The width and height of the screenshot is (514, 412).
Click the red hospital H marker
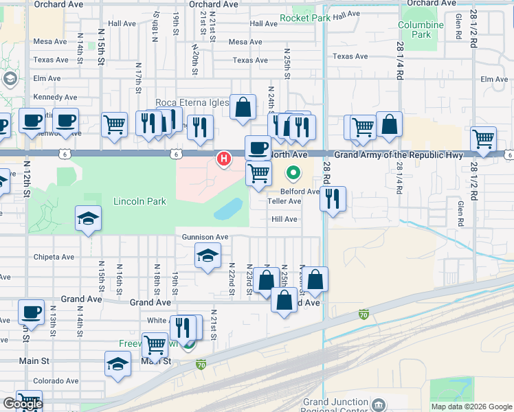[x=223, y=159]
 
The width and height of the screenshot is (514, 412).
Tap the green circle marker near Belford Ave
[x=293, y=173]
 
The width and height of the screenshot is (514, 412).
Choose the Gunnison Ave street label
[x=205, y=237]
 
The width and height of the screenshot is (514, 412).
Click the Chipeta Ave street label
[x=54, y=257]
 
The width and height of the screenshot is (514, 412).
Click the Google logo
[x=23, y=404]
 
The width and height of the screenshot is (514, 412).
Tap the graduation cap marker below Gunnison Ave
[x=208, y=256]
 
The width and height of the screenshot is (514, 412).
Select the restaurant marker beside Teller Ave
[x=333, y=199]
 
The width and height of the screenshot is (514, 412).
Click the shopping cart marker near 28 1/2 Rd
[x=484, y=139]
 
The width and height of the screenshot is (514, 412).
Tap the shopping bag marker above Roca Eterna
[x=243, y=107]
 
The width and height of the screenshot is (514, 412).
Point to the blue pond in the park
[x=228, y=209]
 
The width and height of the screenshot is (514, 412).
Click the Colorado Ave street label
[x=56, y=381]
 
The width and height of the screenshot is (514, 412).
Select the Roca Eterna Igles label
[x=192, y=103]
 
